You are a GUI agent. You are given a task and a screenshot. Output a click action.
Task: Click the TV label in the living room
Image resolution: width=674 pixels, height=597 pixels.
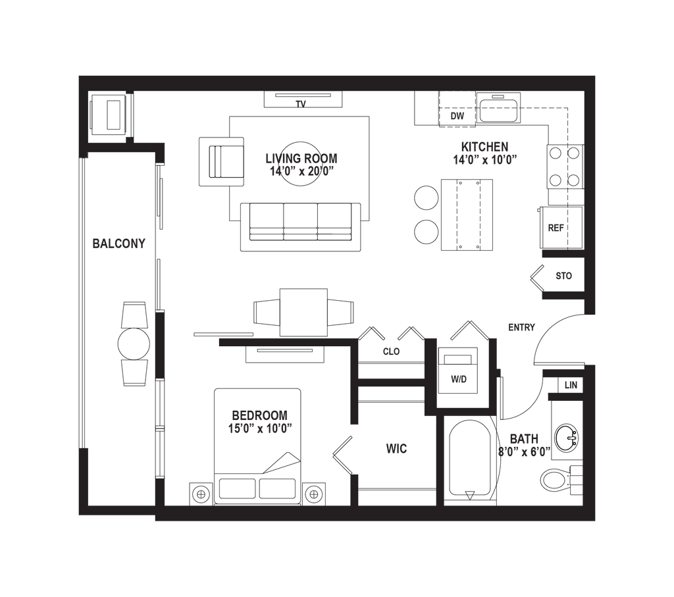[301, 104]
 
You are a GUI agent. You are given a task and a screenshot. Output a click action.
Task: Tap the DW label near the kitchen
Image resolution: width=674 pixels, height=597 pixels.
[458, 117]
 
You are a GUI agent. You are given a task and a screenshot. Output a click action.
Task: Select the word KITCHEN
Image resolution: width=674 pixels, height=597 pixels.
[484, 145]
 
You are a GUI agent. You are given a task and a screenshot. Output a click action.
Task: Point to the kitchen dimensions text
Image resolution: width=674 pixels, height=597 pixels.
[482, 159]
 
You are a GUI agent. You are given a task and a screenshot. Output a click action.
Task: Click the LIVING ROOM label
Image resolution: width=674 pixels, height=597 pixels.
[301, 158]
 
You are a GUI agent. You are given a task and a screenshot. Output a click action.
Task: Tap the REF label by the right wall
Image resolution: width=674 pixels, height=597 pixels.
[557, 228]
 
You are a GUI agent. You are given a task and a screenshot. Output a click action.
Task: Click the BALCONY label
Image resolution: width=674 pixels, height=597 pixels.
[119, 244]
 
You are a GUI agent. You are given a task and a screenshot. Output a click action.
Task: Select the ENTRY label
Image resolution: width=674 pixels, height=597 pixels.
[522, 327]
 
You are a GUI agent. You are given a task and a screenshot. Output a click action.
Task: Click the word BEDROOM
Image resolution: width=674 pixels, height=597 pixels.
[260, 415]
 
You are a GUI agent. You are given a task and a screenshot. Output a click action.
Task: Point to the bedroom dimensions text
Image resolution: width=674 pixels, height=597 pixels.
[260, 428]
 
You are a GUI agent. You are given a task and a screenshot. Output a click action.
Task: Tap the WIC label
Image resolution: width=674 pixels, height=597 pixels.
[397, 450]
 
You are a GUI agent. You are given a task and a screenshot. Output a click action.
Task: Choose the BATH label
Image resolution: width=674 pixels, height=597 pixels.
[524, 438]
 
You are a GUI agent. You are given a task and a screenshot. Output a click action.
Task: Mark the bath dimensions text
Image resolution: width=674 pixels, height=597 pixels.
[523, 452]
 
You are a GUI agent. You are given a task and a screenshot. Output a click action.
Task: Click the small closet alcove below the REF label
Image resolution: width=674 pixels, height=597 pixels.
[564, 276]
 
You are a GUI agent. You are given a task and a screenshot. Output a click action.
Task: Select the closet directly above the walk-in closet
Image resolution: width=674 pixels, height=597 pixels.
[392, 352]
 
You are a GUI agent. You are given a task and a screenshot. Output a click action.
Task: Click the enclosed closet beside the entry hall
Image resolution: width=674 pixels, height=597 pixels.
[459, 380]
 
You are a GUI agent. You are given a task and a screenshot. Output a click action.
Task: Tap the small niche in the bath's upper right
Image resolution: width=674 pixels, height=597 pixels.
[570, 385]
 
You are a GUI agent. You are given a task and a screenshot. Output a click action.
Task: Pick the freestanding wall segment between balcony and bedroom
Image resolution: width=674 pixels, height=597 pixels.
[160, 346]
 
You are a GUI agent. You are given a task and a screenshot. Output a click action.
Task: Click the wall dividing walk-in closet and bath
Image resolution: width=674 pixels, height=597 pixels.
[440, 461]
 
